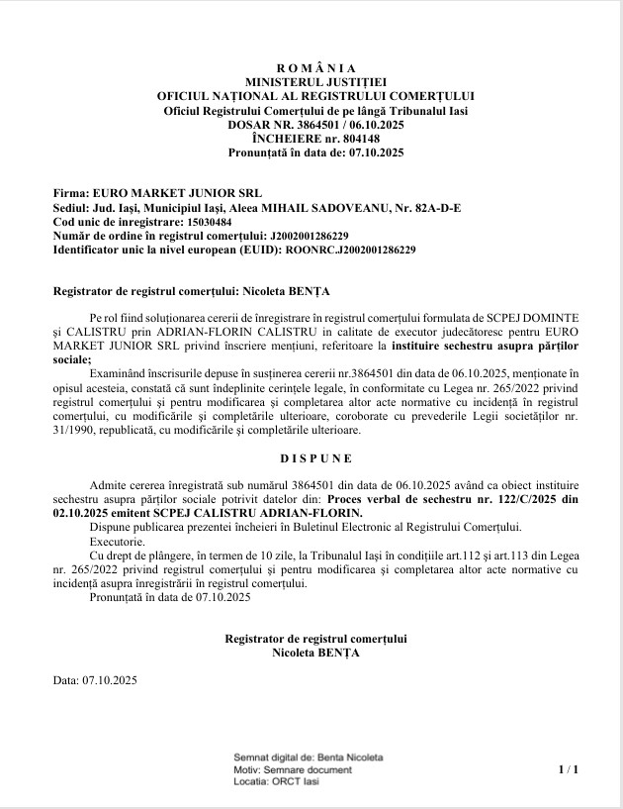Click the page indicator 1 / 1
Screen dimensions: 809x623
(568, 768)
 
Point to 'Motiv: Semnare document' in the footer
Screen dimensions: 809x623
(292, 769)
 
